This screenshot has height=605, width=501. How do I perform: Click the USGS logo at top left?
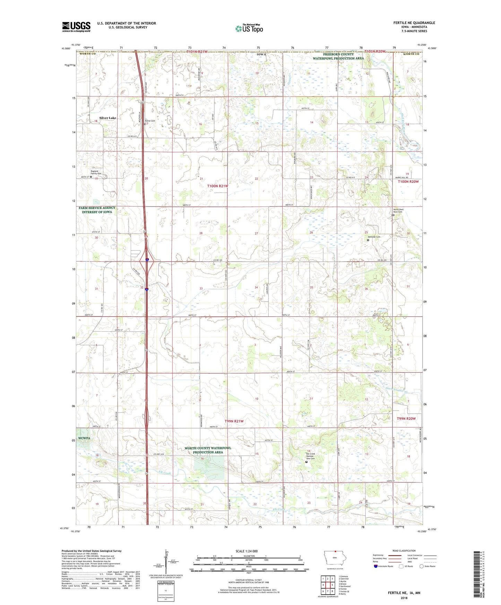76,27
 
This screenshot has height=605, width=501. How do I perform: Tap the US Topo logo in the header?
249,28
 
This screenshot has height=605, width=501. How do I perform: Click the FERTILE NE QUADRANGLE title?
414,23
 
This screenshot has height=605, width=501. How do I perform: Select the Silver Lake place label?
107,118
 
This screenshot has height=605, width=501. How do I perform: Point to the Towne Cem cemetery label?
150,121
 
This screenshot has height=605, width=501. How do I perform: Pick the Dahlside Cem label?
374,237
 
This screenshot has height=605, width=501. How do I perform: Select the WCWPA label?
84,438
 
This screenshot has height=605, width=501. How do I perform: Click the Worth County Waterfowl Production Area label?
208,450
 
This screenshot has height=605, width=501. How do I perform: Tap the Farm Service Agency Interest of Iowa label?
97,210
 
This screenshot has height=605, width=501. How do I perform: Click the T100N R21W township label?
218,186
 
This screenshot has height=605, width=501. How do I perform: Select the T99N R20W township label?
406,419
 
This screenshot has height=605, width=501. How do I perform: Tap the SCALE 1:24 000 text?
247,551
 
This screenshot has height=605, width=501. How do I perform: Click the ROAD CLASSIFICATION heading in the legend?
404,551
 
